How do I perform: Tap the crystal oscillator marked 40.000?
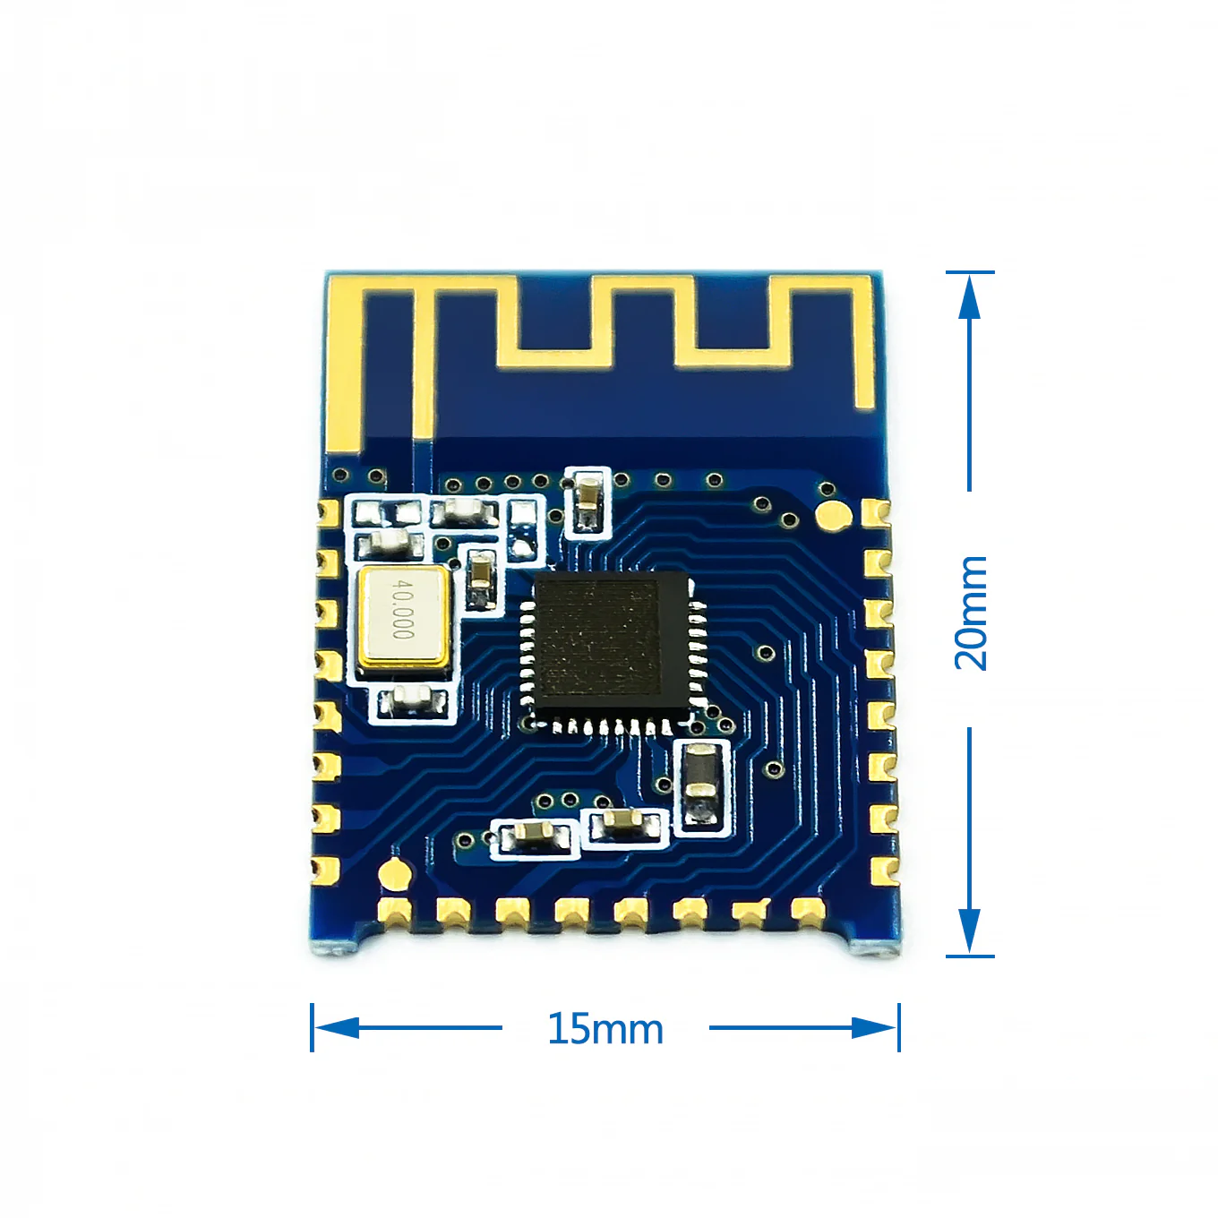403,618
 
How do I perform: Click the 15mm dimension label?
605,1029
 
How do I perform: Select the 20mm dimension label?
971,613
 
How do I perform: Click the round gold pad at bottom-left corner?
394,873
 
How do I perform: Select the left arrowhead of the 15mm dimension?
335,1027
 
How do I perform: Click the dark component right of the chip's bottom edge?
700,785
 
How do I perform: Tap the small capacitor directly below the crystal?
412,701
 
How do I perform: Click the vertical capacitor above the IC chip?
588,503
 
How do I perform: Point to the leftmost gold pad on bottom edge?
394,912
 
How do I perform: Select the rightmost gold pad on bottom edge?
808,912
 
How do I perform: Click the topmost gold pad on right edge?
877,513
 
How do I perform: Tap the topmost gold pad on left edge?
328,511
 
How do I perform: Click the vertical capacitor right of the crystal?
482,579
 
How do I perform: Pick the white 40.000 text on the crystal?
404,609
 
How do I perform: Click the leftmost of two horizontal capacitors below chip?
535,836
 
